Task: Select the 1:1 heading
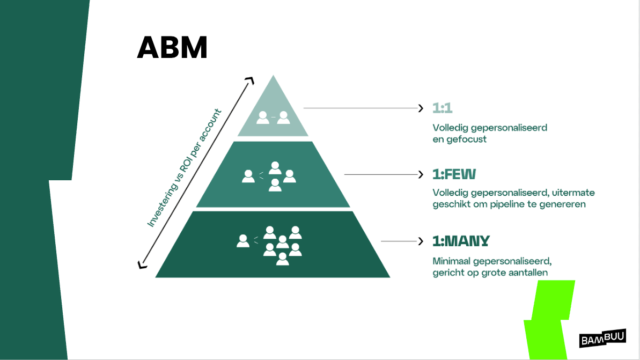coord(443,108)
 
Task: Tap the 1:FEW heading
coord(454,174)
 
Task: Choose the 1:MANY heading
coord(461,241)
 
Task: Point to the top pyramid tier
coord(273,113)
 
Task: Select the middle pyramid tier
coord(273,175)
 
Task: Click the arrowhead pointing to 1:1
coord(421,108)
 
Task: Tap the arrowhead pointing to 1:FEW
coord(421,174)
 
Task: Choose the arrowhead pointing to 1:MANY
coord(421,241)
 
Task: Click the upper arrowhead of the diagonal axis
coord(249,80)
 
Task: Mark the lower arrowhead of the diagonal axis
coord(141,264)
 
